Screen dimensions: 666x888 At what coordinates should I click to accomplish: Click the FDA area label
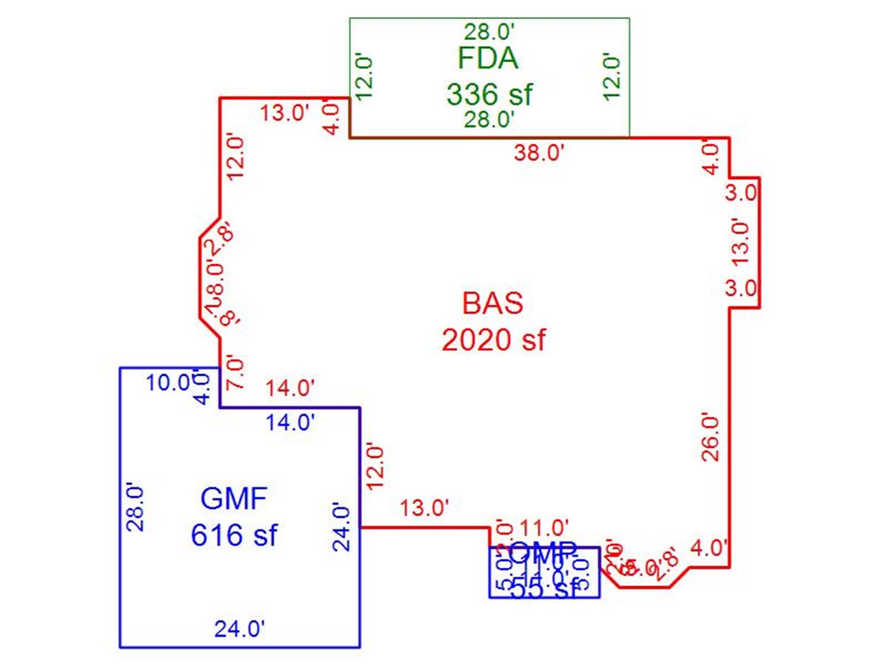488,59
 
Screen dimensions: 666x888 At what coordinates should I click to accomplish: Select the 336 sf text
489,94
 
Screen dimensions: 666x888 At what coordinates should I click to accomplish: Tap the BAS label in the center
493,303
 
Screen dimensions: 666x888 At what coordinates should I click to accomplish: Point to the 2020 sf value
493,340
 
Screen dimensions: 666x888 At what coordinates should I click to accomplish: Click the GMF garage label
234,498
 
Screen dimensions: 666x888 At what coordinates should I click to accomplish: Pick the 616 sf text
234,535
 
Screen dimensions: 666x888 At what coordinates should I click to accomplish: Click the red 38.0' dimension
539,152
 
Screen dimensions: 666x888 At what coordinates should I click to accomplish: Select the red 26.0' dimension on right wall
710,438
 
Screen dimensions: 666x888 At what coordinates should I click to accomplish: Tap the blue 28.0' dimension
135,509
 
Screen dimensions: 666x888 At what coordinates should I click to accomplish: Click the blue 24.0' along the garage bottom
239,629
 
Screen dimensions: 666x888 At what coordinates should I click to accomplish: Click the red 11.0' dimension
544,528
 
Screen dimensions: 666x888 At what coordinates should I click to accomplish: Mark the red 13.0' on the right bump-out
741,242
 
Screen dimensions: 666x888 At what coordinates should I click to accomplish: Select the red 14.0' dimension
290,388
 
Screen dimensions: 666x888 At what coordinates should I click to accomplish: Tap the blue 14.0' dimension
290,422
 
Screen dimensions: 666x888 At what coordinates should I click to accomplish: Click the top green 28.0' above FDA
489,31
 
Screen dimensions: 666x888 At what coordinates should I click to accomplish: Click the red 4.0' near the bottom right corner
709,547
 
